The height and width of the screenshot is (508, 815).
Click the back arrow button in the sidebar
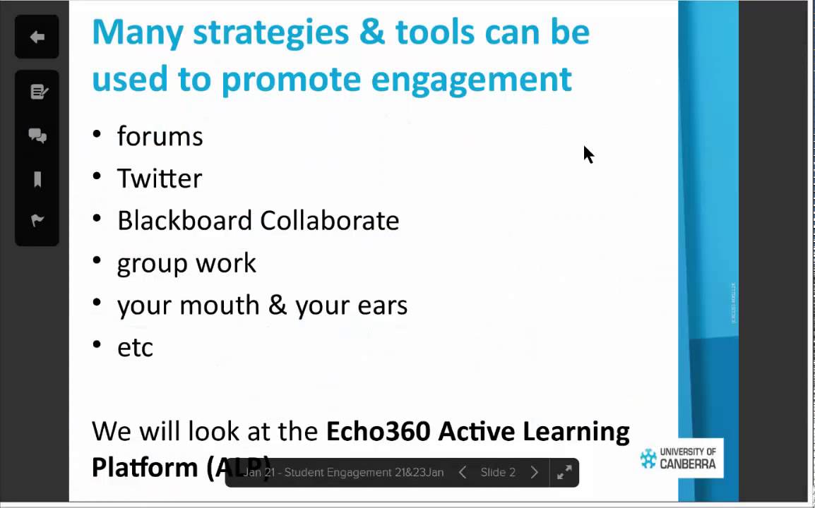37,37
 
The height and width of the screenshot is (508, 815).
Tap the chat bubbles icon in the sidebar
37,136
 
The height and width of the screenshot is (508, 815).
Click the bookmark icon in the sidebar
37,179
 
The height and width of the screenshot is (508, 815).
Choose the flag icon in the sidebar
37,221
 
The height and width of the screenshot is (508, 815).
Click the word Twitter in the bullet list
159,179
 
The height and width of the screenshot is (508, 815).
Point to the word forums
160,136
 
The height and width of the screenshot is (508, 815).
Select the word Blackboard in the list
185,221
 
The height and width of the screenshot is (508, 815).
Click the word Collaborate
329,221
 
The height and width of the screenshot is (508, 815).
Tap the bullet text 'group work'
186,263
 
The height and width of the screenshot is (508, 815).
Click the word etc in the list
135,348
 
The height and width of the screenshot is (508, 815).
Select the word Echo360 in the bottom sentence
378,431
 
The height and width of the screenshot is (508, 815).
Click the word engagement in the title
471,79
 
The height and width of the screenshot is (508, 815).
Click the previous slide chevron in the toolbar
463,473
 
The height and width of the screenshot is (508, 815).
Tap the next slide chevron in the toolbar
535,473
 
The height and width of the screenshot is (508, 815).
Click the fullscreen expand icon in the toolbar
564,473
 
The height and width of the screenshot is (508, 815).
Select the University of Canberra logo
678,459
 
